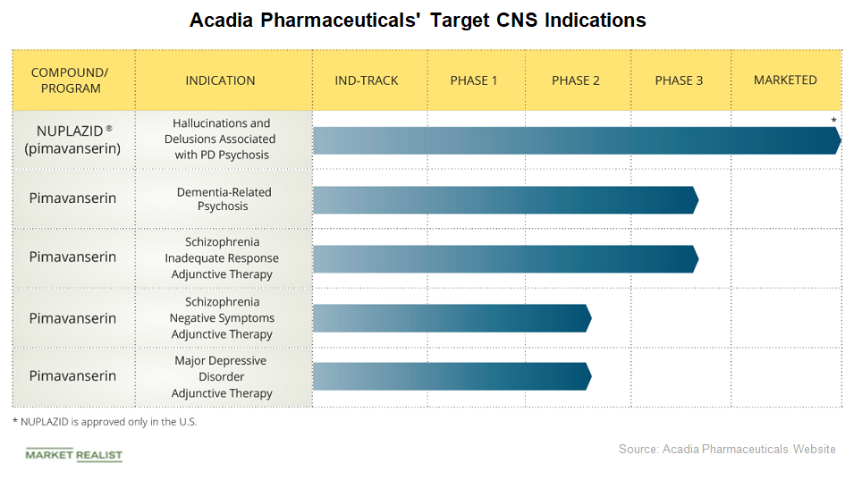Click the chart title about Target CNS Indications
418,20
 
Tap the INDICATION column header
220,80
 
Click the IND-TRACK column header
367,80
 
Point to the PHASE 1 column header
474,80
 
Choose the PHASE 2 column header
576,80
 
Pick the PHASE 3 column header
679,80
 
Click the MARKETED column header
785,80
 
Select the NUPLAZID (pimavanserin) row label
73,139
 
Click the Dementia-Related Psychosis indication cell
224,199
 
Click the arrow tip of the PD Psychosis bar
838,140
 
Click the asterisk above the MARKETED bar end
833,121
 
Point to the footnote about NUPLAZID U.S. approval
105,422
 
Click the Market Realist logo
73,455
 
